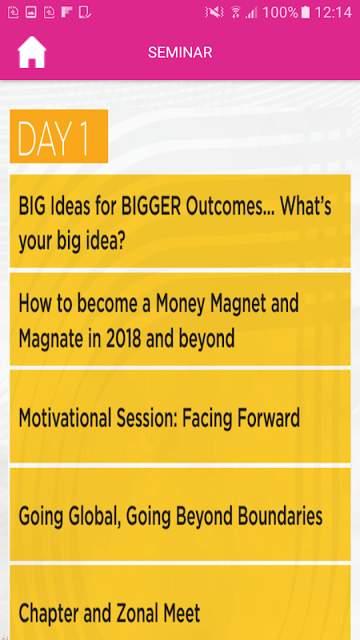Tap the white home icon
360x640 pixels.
[x=31, y=52]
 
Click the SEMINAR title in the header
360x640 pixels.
[x=180, y=52]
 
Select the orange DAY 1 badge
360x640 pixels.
[x=58, y=136]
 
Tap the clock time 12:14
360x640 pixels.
[x=333, y=13]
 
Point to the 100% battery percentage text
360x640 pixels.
[x=280, y=13]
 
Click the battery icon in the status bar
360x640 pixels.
[x=306, y=13]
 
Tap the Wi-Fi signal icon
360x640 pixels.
[x=235, y=13]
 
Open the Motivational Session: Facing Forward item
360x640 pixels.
[x=180, y=417]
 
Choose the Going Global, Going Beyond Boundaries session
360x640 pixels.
[x=180, y=514]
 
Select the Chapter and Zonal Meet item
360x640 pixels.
[x=180, y=602]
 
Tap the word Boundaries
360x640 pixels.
[x=280, y=516]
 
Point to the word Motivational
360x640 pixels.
[x=66, y=418]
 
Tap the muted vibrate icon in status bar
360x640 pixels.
[x=214, y=13]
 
